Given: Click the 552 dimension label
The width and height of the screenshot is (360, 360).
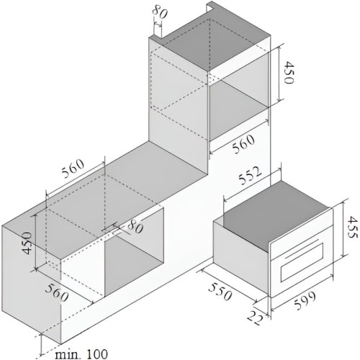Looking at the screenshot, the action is point(250,176).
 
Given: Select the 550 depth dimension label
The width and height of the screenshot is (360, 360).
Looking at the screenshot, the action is point(220,292).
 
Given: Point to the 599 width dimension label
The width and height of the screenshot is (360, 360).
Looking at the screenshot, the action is point(305,301).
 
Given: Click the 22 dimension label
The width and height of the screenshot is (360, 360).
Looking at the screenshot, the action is point(256,318).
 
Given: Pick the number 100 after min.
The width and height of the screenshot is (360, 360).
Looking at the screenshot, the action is point(96,354).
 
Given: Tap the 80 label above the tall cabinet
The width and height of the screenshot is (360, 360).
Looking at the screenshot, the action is point(160,12).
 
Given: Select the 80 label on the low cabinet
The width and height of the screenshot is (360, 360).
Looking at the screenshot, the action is point(135,227).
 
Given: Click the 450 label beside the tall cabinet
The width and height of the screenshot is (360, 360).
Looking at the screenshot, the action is point(288,73).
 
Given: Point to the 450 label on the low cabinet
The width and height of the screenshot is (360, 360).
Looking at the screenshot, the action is point(27,243).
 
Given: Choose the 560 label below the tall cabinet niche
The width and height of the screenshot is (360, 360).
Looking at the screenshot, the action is point(243,144).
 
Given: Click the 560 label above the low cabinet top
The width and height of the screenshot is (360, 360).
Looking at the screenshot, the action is point(73,168).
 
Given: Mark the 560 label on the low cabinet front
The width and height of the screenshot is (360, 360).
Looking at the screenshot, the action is point(57,292).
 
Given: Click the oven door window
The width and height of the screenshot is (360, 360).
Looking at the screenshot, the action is point(302,262).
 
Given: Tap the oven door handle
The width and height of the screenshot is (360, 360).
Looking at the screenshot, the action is point(302,249).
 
